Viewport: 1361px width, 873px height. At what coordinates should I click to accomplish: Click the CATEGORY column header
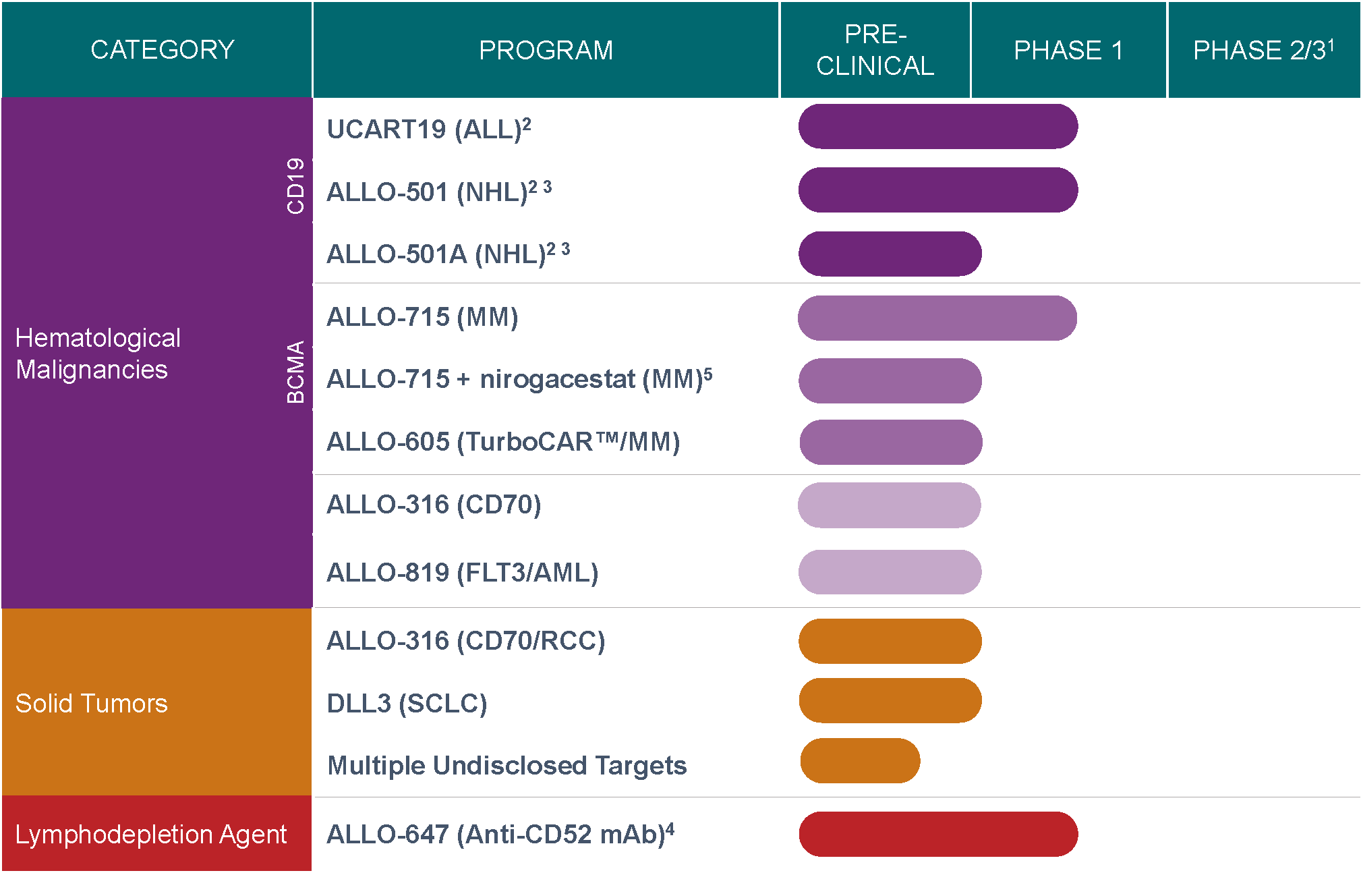(163, 50)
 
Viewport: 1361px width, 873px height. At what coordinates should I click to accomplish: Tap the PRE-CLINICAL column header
(875, 50)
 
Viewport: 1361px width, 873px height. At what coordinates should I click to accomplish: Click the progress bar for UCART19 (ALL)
(937, 126)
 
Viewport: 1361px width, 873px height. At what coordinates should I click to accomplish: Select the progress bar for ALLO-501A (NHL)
(890, 254)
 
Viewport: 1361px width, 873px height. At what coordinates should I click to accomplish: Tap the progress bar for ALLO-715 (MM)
(937, 318)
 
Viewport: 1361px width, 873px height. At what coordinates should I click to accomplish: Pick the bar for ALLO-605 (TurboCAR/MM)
(890, 443)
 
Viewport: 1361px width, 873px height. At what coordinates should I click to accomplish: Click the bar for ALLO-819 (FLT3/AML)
(890, 572)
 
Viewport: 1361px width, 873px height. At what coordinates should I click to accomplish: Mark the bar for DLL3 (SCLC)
(890, 700)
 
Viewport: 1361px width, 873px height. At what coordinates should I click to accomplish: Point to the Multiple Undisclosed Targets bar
(860, 760)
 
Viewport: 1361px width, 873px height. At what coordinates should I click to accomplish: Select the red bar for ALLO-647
(937, 834)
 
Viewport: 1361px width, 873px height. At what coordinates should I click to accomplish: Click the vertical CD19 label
(295, 186)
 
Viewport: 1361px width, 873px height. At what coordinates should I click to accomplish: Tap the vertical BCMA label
(295, 372)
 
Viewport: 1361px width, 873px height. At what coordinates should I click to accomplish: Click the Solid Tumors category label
(92, 704)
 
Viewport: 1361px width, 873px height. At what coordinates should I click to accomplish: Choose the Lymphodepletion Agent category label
(151, 835)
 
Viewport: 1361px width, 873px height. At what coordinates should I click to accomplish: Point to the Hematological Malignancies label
(98, 354)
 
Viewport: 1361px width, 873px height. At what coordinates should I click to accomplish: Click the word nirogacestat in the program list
(557, 380)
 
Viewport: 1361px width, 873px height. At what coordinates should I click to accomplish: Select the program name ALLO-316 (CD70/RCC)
(465, 641)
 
